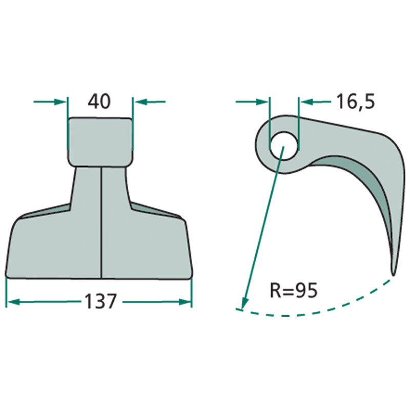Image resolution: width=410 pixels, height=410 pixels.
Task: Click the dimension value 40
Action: (x=99, y=101)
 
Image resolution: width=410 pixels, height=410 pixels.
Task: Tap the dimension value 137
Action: (x=100, y=301)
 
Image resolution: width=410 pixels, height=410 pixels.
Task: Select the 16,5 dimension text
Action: (x=356, y=102)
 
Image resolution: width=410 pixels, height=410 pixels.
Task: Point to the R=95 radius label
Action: (x=294, y=291)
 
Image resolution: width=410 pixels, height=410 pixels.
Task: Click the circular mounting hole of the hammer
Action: (x=284, y=146)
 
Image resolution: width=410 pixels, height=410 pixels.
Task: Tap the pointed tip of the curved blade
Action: (x=393, y=274)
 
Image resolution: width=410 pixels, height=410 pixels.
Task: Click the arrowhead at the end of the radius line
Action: (x=244, y=304)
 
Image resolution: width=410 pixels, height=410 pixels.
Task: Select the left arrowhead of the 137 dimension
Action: (x=13, y=302)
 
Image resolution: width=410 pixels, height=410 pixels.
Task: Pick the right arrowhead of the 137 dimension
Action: (x=185, y=302)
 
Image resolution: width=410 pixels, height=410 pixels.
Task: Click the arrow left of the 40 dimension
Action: (x=50, y=101)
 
